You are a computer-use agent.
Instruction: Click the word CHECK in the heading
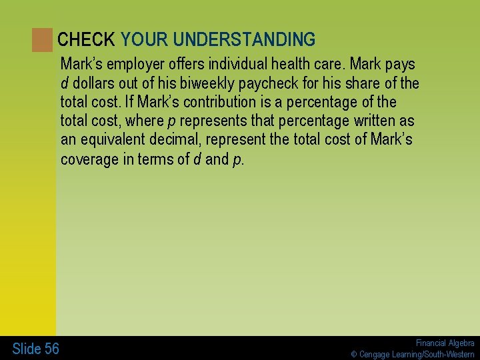click(86, 40)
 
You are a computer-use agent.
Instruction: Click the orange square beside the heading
click(42, 40)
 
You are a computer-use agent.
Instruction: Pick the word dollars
click(94, 83)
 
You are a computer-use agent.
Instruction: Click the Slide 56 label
click(35, 348)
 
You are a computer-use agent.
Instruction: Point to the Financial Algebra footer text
click(445, 343)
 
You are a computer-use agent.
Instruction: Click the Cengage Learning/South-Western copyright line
click(413, 354)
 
